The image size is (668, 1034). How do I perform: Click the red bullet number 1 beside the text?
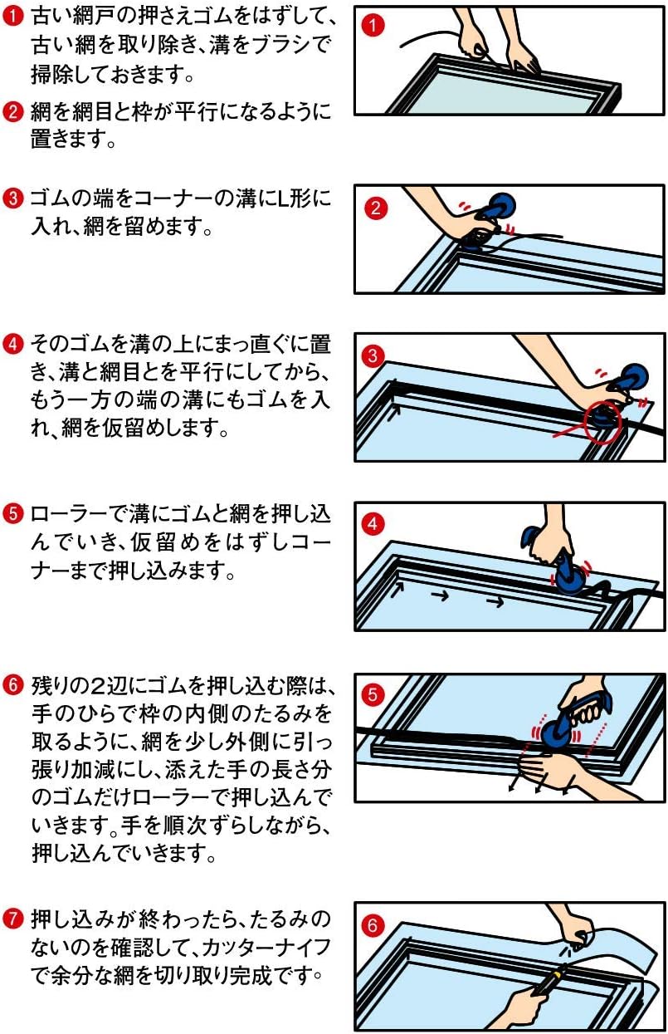click(12, 17)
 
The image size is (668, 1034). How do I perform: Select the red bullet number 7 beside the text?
click(12, 919)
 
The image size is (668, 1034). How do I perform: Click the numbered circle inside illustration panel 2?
click(375, 208)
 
